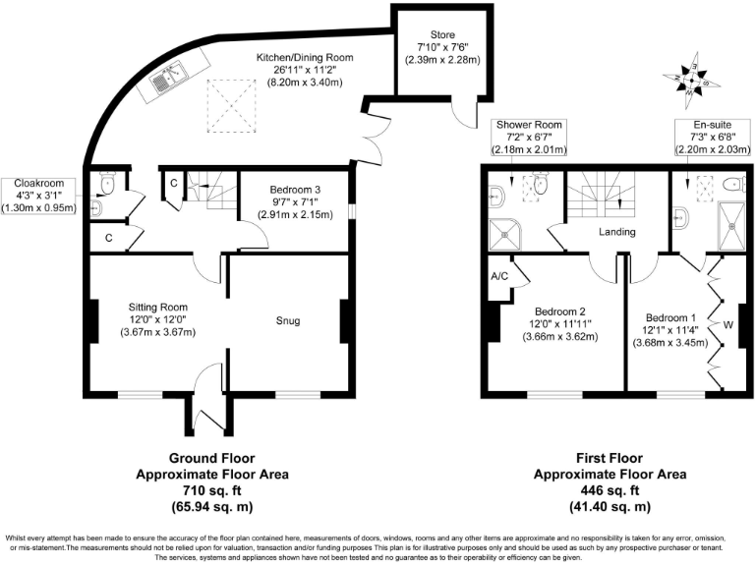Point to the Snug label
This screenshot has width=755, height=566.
point(288,320)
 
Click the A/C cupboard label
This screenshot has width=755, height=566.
point(498,277)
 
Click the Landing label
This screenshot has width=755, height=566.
point(620,232)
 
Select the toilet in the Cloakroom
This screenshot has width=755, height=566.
point(110,184)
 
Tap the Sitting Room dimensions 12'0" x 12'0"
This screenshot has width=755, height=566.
point(157,318)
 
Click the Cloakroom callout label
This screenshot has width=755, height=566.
point(39,183)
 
